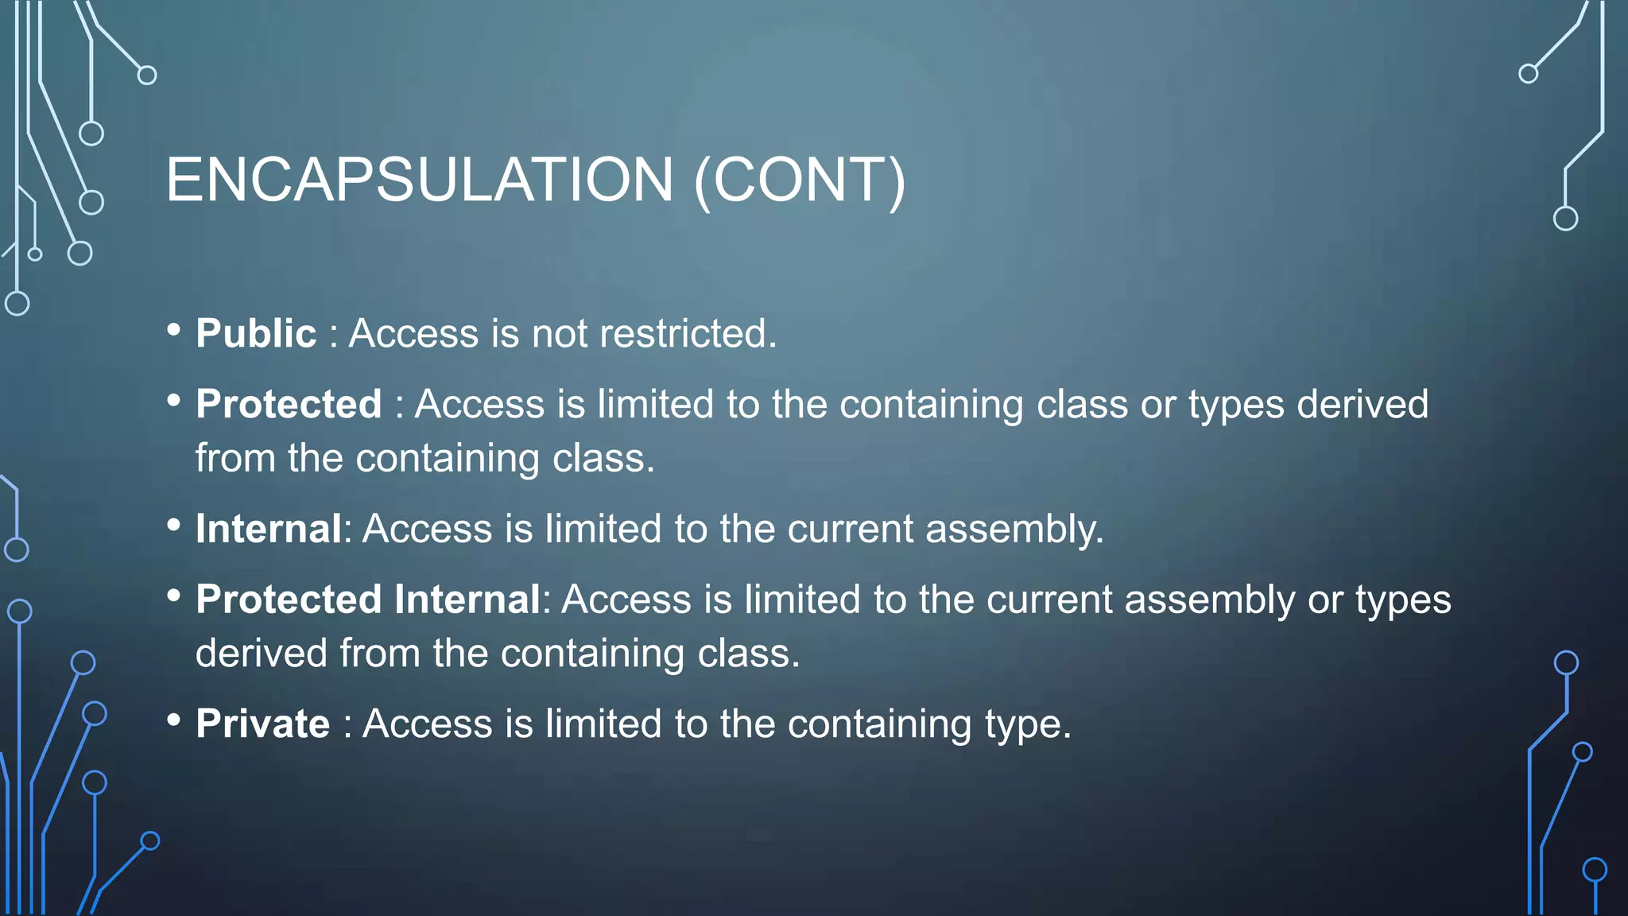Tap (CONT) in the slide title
800,181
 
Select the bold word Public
256,333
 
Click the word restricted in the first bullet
687,333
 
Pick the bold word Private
262,724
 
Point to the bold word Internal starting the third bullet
269,529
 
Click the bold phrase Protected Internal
368,600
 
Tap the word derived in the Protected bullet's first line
1362,404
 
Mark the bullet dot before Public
174,329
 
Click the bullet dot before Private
174,720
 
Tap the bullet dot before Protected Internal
174,596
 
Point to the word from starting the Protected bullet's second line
235,459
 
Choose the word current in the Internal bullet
850,529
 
